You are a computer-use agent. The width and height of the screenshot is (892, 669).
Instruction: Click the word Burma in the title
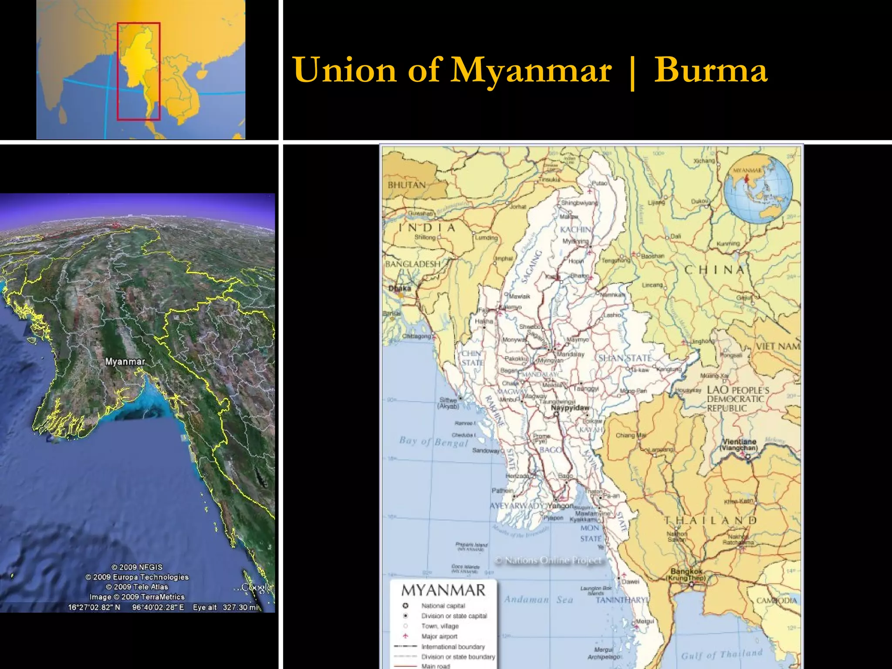(x=710, y=70)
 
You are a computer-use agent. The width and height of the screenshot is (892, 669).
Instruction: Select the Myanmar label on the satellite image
(x=125, y=362)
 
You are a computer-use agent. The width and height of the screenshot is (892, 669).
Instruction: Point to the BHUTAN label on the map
(x=406, y=185)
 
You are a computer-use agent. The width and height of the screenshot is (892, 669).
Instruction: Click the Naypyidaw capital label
(x=570, y=408)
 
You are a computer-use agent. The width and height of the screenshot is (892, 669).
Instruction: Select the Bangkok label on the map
(x=686, y=571)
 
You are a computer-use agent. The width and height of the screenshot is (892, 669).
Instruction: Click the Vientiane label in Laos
(x=739, y=442)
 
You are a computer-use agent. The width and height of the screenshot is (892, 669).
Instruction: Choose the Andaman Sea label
(x=538, y=600)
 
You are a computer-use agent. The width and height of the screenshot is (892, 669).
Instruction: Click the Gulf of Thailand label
(x=722, y=654)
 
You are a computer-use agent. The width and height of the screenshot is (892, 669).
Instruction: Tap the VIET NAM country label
(x=778, y=347)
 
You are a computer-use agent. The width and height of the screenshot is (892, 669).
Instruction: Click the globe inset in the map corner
(x=758, y=189)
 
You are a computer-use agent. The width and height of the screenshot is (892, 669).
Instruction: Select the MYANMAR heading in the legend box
(x=443, y=590)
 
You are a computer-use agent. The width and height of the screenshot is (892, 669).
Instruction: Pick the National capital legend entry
(x=443, y=606)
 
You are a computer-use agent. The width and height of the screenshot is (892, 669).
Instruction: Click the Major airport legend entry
(x=439, y=636)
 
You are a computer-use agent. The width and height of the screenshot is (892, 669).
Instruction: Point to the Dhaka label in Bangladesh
(x=399, y=288)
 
